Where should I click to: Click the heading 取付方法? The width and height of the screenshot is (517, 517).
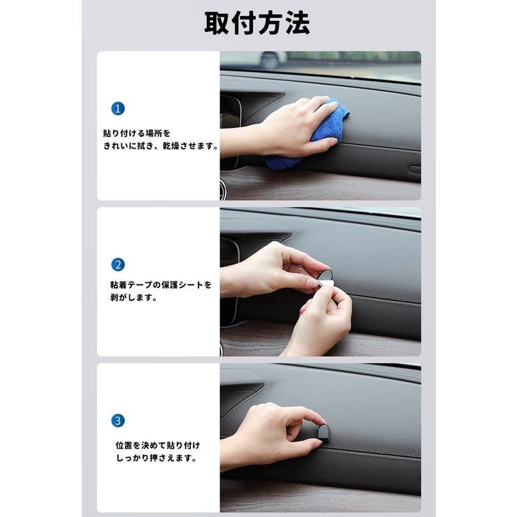[x=257, y=23]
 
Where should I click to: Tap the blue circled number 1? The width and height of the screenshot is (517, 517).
[x=117, y=108]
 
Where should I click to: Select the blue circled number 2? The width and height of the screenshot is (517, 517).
[x=117, y=264]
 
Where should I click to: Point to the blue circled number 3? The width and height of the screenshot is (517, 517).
[x=117, y=421]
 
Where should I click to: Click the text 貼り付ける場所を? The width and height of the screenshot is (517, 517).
[x=137, y=133]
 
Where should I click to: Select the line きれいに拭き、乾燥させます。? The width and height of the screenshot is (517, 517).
[x=161, y=146]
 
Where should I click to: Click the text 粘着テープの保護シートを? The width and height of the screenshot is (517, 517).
[x=161, y=284]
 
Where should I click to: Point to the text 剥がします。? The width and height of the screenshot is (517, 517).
[x=133, y=298]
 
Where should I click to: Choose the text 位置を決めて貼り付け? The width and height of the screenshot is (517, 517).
[x=158, y=445]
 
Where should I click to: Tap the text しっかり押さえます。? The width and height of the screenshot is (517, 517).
[x=156, y=458]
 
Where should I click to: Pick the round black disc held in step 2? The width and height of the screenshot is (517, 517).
[x=325, y=275]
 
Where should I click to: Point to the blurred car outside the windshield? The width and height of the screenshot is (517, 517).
[x=270, y=59]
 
